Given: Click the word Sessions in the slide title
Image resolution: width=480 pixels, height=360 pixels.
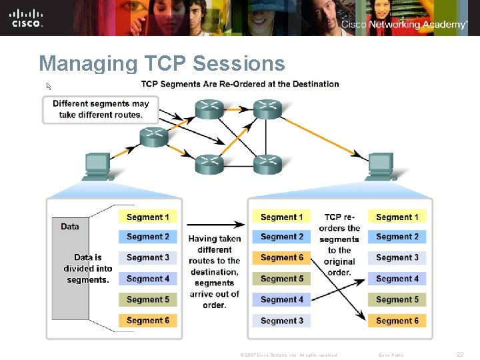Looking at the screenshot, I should coord(238,63).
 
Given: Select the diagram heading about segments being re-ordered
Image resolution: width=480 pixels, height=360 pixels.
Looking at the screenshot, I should coord(240,84).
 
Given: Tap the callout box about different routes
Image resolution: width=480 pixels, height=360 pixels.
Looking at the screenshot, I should coord(101,109).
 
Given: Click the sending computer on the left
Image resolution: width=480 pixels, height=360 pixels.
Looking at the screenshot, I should coord(97,166).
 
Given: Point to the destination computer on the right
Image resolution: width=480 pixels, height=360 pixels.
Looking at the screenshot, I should coord(380,166).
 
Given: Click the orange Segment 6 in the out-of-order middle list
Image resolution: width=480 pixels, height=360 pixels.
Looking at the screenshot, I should coord(281,257).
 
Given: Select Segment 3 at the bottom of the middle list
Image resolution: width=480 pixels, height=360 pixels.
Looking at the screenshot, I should coord(281,321).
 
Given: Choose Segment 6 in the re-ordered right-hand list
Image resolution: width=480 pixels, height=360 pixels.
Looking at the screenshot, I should coord(397,321).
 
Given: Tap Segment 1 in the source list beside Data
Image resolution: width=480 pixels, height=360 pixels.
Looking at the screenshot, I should coord(147,217).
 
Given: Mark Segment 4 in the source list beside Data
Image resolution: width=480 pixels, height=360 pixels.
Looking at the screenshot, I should coord(147,279).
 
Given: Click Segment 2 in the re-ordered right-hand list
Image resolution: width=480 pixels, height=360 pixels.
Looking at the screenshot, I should coord(397,237).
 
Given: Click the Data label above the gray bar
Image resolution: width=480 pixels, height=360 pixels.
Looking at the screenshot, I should coord(70,227).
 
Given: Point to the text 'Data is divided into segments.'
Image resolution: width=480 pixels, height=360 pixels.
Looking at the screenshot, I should coord(87,268).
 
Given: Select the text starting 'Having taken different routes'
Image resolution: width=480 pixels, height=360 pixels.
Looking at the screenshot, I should coord(214,271).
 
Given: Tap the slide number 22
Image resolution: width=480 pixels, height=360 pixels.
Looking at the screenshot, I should coord(459,355).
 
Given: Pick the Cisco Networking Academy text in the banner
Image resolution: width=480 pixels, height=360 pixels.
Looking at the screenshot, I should coord(404,25).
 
